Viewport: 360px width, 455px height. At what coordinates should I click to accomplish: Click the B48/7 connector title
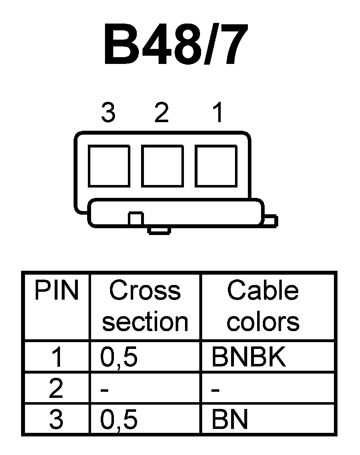tap(175, 46)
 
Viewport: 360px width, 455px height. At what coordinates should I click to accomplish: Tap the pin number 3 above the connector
tap(108, 112)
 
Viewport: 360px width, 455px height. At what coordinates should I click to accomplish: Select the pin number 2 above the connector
tap(161, 112)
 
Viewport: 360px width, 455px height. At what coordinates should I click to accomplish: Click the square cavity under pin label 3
tap(109, 166)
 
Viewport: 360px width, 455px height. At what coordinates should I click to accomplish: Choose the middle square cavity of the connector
tap(162, 166)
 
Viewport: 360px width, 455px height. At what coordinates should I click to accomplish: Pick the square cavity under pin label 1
tap(216, 166)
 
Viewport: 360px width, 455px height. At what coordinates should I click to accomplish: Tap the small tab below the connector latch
tap(159, 230)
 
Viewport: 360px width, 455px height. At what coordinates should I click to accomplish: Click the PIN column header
tap(56, 291)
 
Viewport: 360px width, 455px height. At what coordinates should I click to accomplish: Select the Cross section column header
tap(145, 306)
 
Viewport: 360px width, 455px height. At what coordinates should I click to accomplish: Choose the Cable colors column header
tap(263, 306)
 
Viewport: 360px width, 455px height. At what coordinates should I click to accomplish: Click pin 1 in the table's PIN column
tap(56, 357)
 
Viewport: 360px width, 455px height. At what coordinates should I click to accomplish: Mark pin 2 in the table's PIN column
tap(56, 389)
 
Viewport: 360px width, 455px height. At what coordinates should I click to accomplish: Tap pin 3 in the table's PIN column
tap(56, 419)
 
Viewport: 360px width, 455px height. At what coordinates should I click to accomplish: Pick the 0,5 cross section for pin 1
tap(119, 357)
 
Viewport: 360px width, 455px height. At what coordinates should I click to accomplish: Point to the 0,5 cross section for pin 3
tap(119, 419)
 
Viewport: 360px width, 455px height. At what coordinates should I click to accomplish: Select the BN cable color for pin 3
tap(230, 419)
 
